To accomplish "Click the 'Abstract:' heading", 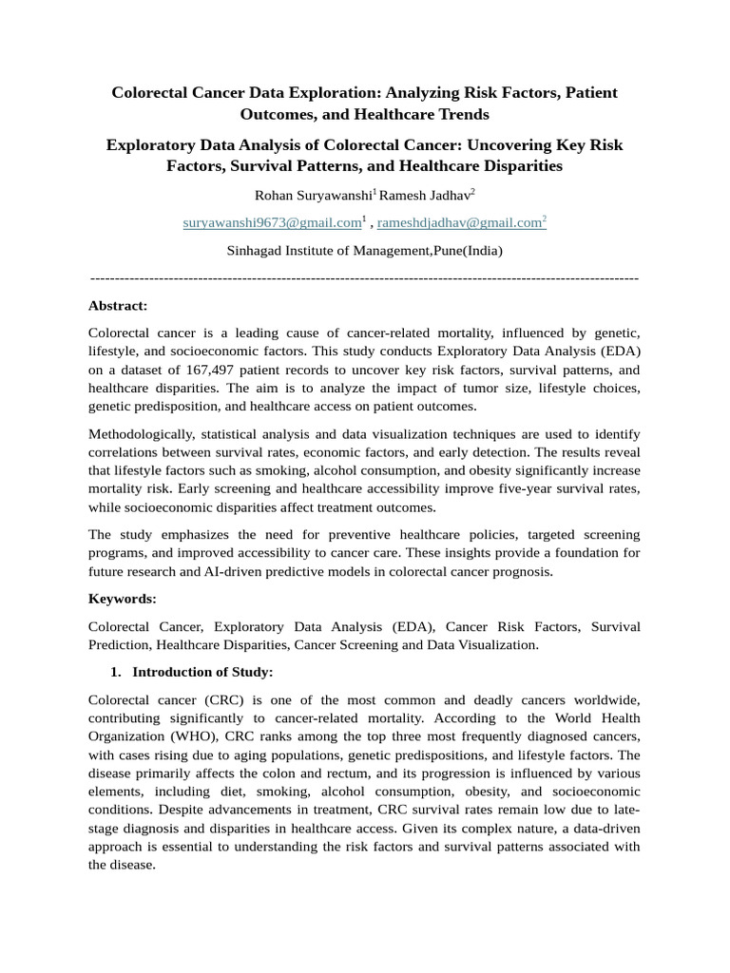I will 118,306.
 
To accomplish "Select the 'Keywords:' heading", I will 122,600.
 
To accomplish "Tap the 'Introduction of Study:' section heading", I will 202,673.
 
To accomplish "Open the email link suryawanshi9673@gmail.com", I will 272,223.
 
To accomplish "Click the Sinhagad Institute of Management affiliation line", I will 365,252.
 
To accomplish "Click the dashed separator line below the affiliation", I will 365,277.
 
